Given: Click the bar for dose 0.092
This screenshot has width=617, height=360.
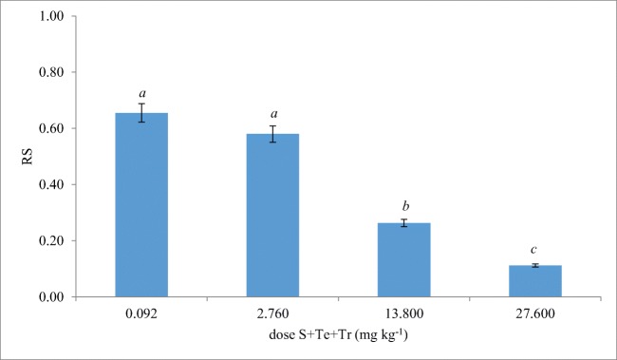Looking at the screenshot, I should pos(141,204).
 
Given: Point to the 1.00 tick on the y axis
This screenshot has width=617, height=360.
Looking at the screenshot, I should pos(49,17).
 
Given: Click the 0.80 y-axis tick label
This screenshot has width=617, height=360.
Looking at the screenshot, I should pos(49,73).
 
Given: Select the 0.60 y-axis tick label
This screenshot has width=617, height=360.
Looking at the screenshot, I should pos(49,129).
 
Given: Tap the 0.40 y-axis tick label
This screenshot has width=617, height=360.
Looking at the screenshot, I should pos(49,184).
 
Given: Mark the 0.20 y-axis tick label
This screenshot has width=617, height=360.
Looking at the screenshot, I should pos(49,240).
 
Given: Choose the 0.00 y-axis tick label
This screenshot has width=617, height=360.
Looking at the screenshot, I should pos(49,296).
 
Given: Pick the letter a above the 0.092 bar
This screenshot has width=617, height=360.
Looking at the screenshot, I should pos(141,93).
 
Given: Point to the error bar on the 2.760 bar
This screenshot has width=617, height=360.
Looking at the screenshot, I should pos(272,134).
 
